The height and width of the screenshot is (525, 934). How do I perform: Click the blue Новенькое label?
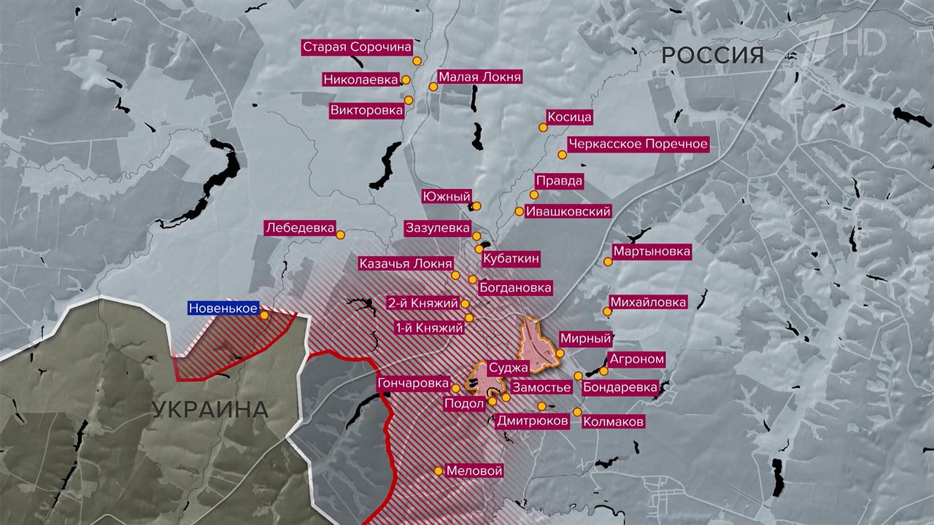(x=223, y=308)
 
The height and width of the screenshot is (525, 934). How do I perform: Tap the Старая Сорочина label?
(x=357, y=47)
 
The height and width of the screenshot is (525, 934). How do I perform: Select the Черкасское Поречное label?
(x=638, y=144)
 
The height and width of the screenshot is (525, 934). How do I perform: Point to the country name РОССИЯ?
(x=713, y=55)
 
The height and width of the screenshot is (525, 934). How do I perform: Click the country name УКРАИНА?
(x=210, y=409)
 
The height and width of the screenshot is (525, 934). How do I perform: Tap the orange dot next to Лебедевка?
(x=341, y=234)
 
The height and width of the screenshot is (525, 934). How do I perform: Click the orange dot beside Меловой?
(x=438, y=471)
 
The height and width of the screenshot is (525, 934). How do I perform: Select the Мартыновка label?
(x=652, y=252)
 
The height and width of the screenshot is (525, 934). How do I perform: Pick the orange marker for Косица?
(x=543, y=127)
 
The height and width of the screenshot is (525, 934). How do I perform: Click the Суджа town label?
(x=509, y=368)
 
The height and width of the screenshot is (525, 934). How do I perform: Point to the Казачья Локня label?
(x=405, y=264)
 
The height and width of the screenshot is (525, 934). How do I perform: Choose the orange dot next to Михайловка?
(x=607, y=312)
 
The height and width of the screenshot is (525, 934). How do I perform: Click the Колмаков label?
(x=614, y=421)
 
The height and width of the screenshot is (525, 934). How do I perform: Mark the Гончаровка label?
(x=413, y=384)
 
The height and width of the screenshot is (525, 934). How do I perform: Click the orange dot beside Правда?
(x=534, y=195)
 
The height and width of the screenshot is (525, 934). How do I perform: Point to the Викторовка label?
(x=366, y=111)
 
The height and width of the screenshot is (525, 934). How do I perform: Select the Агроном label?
(x=637, y=359)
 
